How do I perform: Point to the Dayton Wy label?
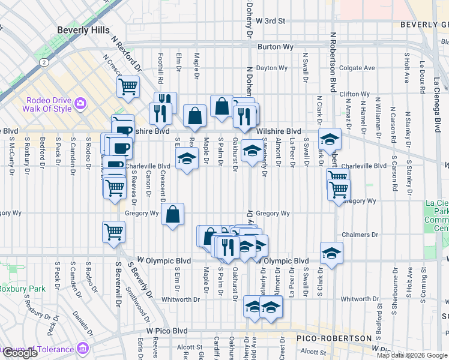[271, 68]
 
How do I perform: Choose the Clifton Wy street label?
[354, 94]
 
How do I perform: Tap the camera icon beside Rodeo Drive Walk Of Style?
[80, 105]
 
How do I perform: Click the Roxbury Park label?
[23, 289]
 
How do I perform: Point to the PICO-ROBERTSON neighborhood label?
[334, 338]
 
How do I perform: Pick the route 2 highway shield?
[43, 62]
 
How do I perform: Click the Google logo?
[20, 353]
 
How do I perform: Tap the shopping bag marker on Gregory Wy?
[172, 214]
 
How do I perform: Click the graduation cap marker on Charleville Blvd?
[187, 158]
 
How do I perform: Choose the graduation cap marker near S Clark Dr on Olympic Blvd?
[331, 253]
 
